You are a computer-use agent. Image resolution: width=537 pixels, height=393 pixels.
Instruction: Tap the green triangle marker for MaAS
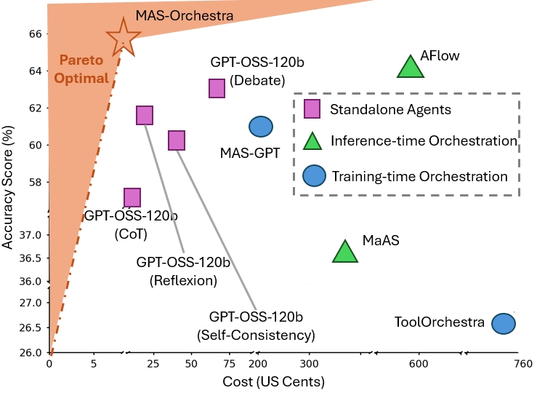pyautogui.click(x=345, y=252)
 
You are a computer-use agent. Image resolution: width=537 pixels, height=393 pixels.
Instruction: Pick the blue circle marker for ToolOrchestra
pyautogui.click(x=504, y=323)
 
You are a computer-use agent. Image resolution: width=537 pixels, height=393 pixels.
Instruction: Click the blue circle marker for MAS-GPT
pyautogui.click(x=261, y=127)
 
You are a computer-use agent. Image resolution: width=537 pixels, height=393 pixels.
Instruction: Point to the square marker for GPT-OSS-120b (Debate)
pyautogui.click(x=217, y=88)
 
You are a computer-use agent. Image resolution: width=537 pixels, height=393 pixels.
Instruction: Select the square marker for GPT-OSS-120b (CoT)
pyautogui.click(x=132, y=197)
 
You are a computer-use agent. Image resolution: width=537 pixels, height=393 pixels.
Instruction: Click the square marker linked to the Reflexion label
pyautogui.click(x=145, y=115)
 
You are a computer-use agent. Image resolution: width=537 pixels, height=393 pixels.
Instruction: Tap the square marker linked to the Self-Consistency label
pyautogui.click(x=177, y=140)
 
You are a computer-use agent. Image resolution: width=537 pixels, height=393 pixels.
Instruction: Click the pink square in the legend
pyautogui.click(x=312, y=110)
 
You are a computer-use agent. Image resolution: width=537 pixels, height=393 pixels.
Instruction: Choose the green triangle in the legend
pyautogui.click(x=312, y=141)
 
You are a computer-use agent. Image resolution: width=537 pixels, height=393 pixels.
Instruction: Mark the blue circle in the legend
pyautogui.click(x=312, y=175)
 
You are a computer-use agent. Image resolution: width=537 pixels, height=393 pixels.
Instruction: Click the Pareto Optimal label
pyautogui.click(x=84, y=69)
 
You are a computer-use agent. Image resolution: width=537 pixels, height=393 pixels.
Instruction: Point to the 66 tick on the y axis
pyautogui.click(x=34, y=33)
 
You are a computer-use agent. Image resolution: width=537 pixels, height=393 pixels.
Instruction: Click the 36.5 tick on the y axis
pyautogui.click(x=31, y=258)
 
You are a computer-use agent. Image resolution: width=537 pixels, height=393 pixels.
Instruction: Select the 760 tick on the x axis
pyautogui.click(x=520, y=364)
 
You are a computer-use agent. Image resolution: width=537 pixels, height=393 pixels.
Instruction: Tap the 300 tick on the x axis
pyautogui.click(x=310, y=364)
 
